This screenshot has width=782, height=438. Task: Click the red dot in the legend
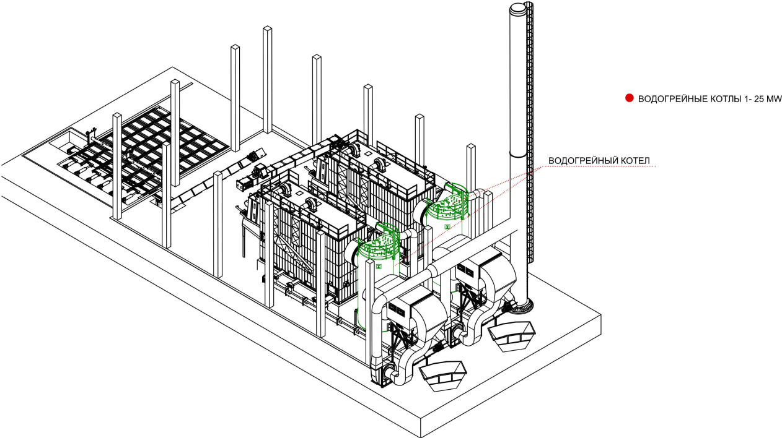coord(629,98)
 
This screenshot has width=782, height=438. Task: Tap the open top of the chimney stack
coord(520,7)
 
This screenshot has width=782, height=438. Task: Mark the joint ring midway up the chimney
coord(518,155)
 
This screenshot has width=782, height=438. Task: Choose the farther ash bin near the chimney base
coord(511,336)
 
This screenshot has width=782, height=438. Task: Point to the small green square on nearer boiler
coord(379,267)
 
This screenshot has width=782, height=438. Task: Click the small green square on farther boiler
coord(447,227)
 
